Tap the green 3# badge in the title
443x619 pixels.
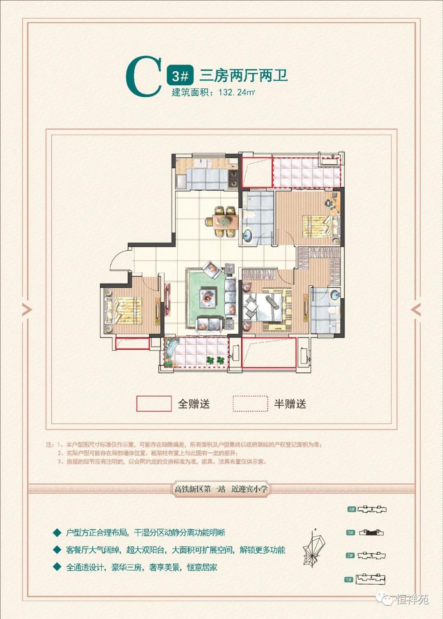[180, 76]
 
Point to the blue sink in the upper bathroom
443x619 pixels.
[248, 236]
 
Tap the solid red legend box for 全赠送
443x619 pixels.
[154, 404]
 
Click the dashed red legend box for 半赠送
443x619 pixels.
[250, 404]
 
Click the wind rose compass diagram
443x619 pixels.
[314, 549]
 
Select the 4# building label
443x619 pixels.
[352, 509]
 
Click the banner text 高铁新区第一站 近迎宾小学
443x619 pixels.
[221, 489]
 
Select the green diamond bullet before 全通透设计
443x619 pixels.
[57, 567]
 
